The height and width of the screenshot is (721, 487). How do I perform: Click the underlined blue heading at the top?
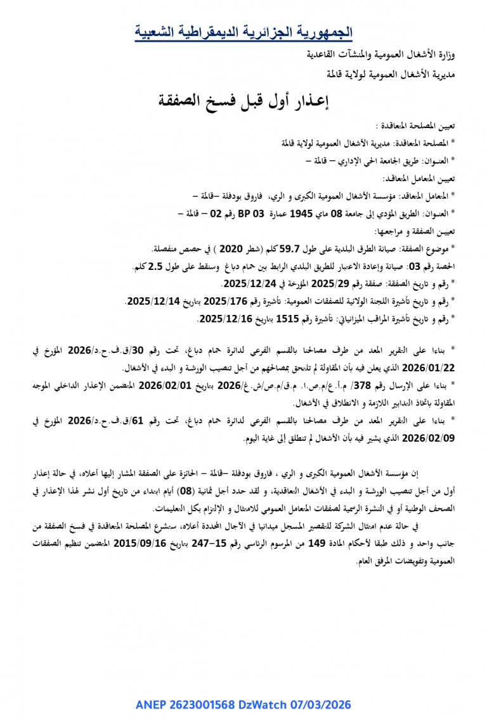pos(243,31)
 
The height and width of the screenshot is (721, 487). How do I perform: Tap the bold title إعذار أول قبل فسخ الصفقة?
pos(243,99)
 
